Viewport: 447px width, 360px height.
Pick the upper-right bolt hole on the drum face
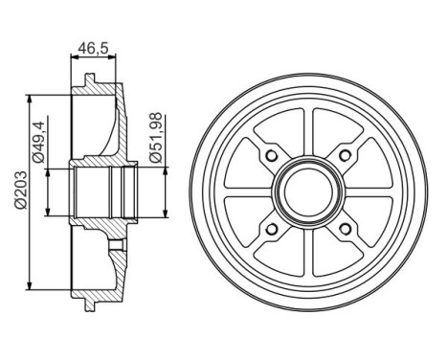(x=341, y=157)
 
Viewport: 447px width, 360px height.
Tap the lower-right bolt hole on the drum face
(x=341, y=227)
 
